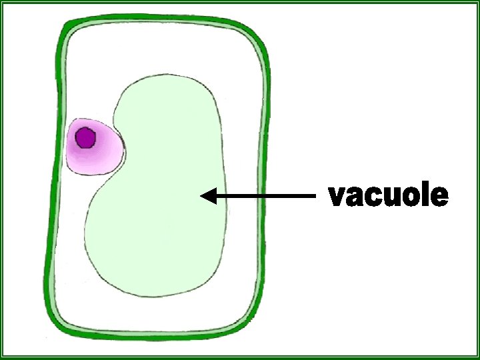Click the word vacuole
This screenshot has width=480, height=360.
pos(389,196)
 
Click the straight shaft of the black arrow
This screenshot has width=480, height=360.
pos(267,196)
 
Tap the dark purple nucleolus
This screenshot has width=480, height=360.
pos(85,138)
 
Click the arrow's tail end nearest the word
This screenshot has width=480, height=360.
pos(313,196)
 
